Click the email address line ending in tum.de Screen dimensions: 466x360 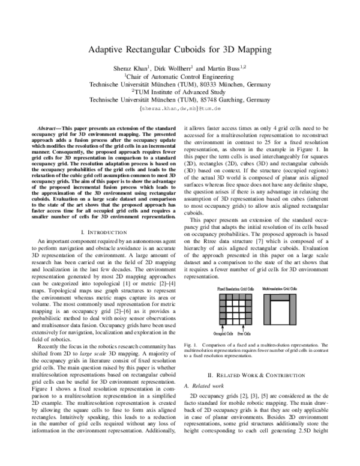(x=181, y=110)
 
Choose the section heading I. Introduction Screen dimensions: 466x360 (x=100, y=215)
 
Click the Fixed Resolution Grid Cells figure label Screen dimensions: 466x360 (x=236, y=289)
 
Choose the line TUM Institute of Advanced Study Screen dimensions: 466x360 (x=181, y=93)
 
